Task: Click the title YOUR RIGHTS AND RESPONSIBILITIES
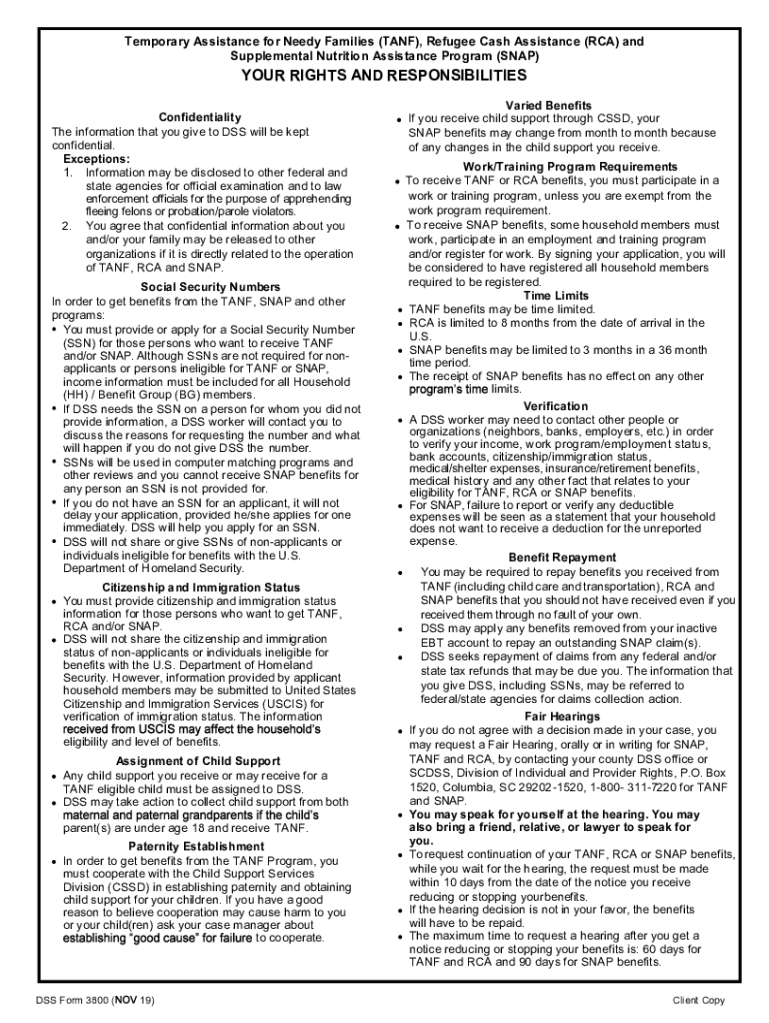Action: coord(384,76)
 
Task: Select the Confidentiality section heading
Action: coord(200,118)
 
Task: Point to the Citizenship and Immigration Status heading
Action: coord(202,587)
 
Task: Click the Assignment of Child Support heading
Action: coord(198,761)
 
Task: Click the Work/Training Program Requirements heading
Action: coord(570,166)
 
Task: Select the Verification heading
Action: coord(555,406)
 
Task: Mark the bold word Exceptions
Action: coord(96,159)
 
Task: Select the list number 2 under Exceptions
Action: coord(67,226)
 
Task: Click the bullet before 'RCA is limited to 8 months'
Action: coord(399,324)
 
